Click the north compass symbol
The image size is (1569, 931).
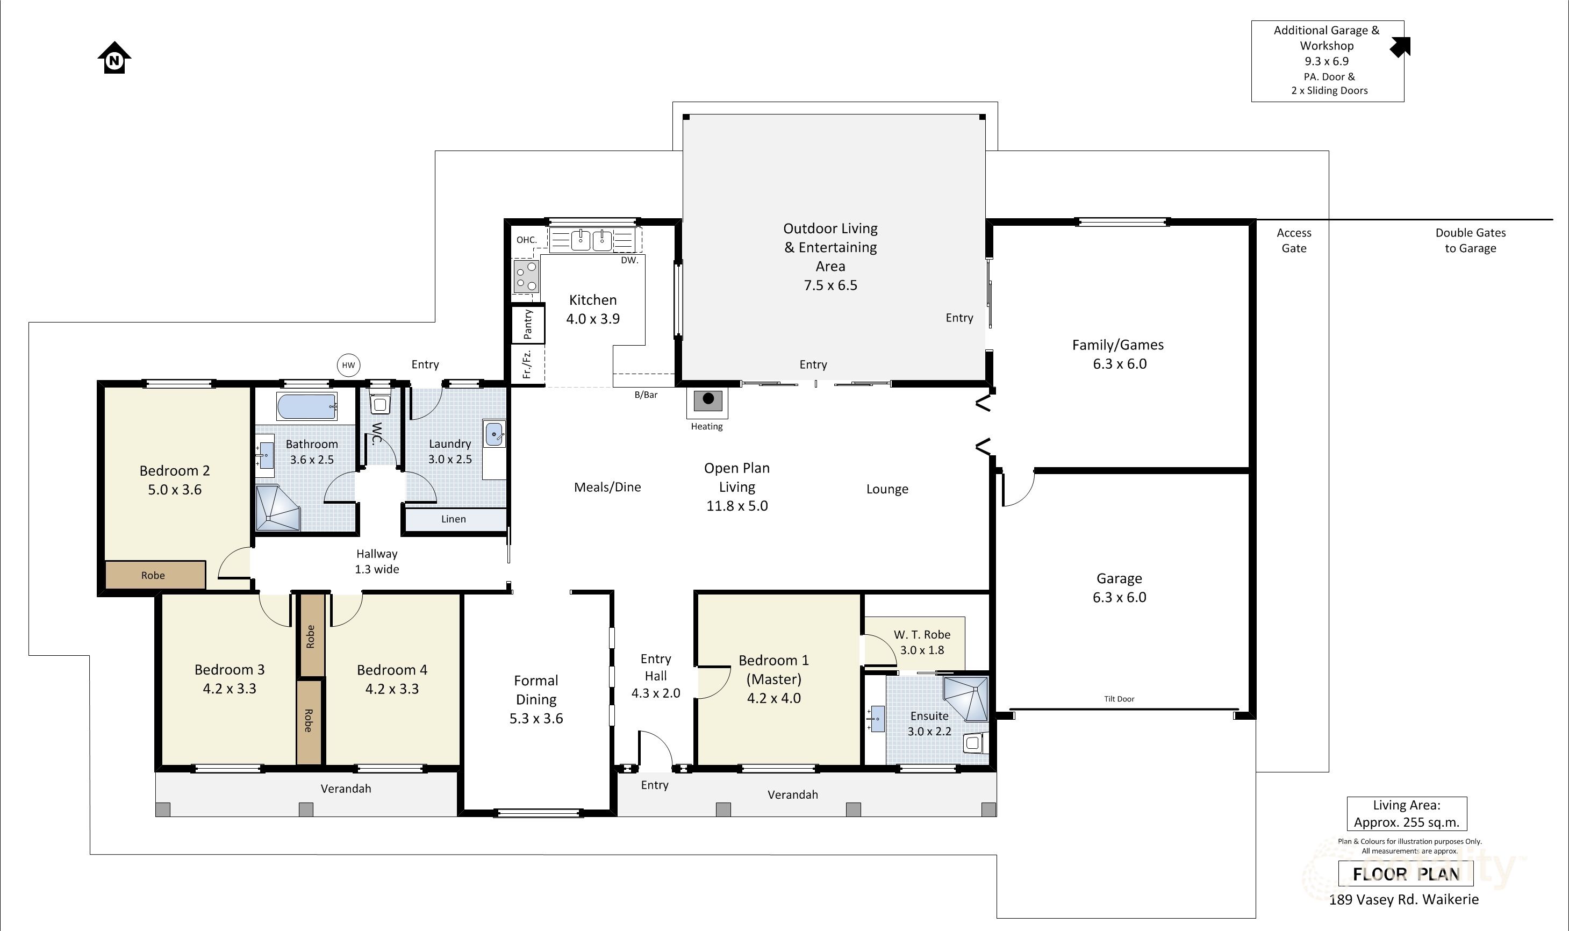[x=114, y=58]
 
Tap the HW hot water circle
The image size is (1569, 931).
[x=348, y=365]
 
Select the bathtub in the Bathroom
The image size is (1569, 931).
[x=307, y=406]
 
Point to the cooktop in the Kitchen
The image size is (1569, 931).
[x=526, y=277]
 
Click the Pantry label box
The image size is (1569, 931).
[x=528, y=324]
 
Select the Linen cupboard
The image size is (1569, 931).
[x=454, y=519]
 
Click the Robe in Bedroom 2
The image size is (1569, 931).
[x=154, y=575]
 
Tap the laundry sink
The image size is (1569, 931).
[x=494, y=433]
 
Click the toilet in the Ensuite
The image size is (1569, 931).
[x=975, y=743]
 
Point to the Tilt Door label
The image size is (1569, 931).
[x=1119, y=699]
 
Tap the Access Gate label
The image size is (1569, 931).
[x=1294, y=240]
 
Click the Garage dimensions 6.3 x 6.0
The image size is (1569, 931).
[x=1119, y=597]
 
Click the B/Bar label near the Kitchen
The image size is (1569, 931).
[x=646, y=395]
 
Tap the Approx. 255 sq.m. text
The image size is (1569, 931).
[x=1407, y=822]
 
